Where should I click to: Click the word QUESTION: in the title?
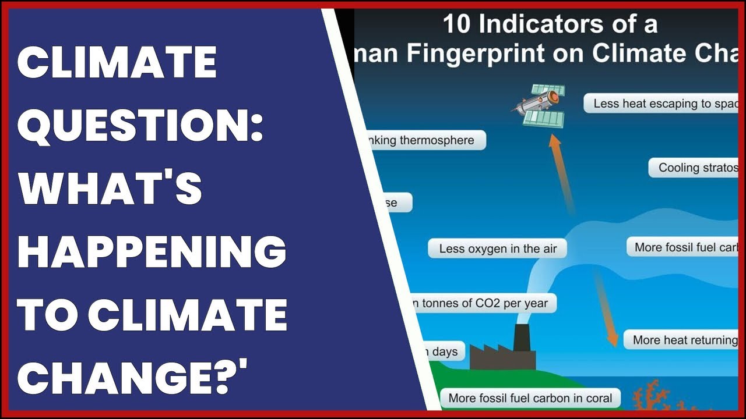coord(140,126)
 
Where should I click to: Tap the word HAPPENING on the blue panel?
coord(152,251)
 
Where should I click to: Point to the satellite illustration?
coord(539,105)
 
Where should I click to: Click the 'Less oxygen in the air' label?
coord(498,248)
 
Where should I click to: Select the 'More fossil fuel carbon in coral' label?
coord(530,399)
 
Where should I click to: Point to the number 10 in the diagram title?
coord(456,24)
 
